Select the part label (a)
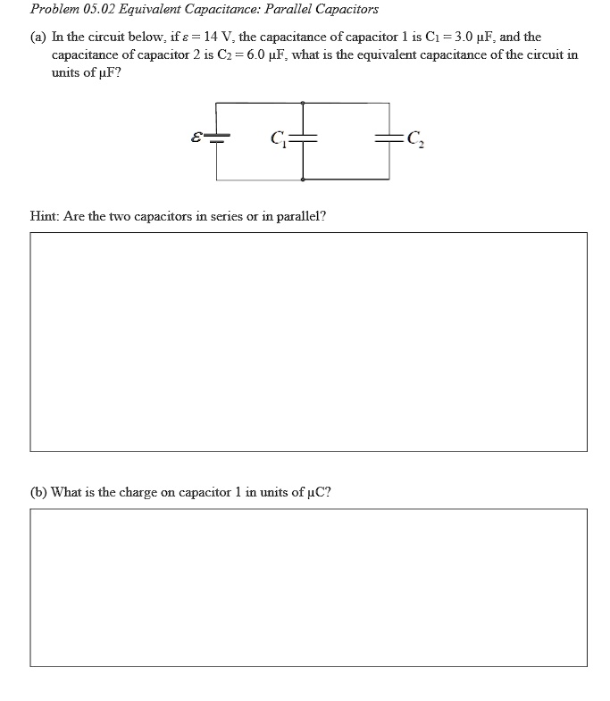click(39, 37)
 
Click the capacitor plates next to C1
click(304, 138)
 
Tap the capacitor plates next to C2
click(389, 138)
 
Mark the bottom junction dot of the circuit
click(304, 179)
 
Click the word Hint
click(46, 215)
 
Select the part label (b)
click(39, 491)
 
